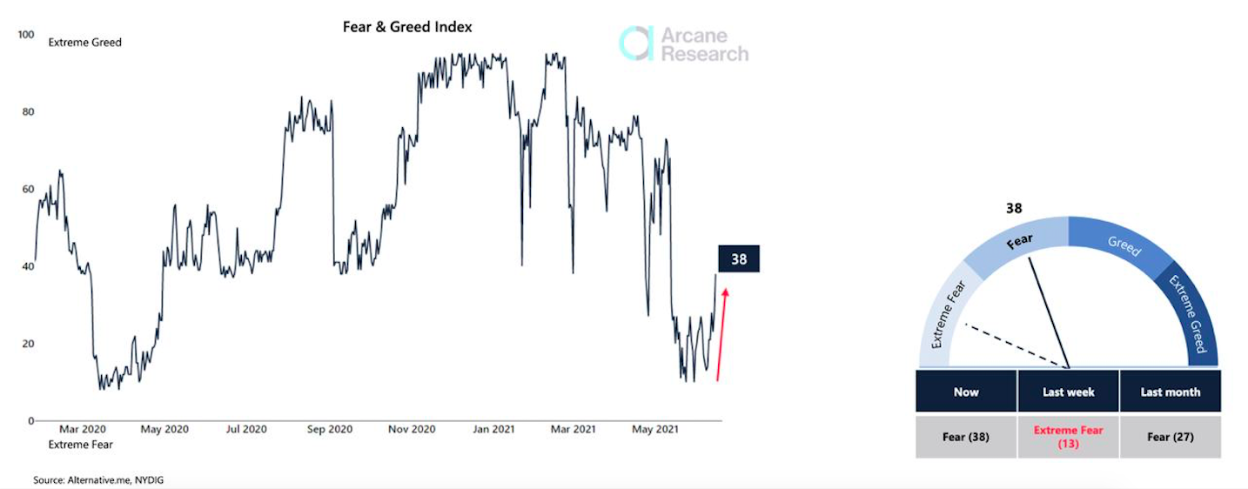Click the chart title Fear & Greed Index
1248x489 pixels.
[407, 27]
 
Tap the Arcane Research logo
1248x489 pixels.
[683, 44]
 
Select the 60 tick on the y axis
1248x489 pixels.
[27, 189]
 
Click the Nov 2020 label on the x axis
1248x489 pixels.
[412, 429]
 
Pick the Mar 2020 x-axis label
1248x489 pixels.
[83, 429]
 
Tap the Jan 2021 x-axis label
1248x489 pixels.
[493, 429]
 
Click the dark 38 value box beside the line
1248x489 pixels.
[739, 259]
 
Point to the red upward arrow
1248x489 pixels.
[722, 335]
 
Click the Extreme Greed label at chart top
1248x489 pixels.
[85, 42]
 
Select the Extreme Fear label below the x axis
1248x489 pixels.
[80, 445]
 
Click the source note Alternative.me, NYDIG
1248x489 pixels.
[98, 479]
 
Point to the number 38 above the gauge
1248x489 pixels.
[1013, 209]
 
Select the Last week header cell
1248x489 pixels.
[1068, 392]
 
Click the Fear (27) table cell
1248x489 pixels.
[1170, 437]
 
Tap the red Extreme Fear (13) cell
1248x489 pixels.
[1068, 437]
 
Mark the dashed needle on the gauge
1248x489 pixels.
[1014, 345]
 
